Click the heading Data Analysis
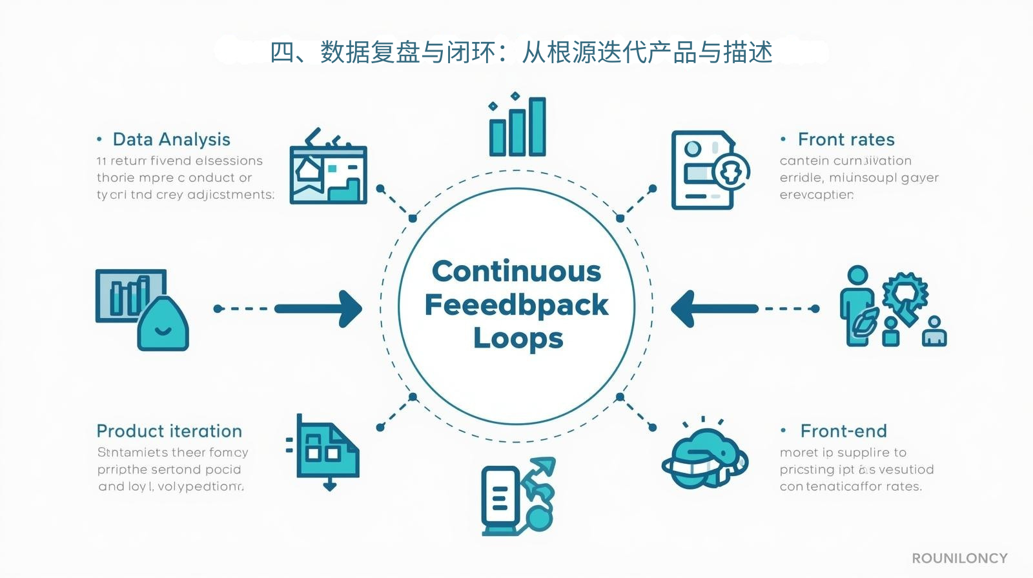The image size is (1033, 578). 171,139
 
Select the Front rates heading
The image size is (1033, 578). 846,139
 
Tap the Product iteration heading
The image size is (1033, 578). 169,431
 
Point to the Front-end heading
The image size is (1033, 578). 843,431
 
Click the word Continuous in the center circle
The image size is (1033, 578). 516,271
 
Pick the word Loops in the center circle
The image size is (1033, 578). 518,338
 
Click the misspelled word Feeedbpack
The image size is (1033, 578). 516,304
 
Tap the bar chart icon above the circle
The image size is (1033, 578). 517,126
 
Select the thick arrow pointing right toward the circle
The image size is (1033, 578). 320,309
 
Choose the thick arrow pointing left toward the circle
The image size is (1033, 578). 713,309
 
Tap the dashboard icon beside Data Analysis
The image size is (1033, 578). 328,169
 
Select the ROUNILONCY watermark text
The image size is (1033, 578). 959,558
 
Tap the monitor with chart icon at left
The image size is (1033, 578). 141,309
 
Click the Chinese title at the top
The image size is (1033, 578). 520,52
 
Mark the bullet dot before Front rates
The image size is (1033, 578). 783,139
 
